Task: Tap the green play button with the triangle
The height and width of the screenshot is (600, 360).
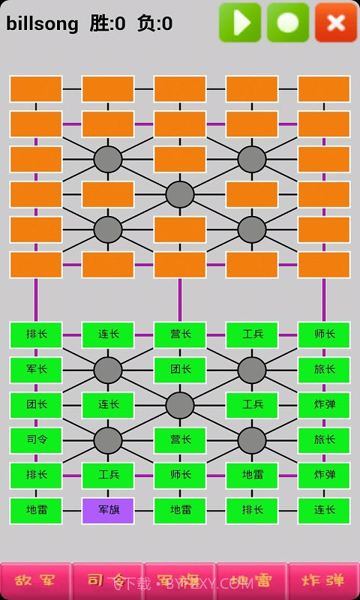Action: click(x=240, y=22)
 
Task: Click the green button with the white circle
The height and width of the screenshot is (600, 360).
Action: click(x=288, y=22)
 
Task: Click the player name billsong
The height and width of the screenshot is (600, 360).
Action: click(x=42, y=24)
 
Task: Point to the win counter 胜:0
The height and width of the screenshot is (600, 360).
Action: click(x=107, y=24)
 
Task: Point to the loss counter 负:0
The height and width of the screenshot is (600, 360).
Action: click(x=154, y=24)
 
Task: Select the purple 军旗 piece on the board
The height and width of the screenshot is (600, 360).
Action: click(x=108, y=511)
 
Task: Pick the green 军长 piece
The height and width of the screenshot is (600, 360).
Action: click(x=36, y=370)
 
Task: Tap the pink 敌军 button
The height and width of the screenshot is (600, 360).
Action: click(x=36, y=581)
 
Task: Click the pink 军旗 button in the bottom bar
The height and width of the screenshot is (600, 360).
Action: click(x=180, y=581)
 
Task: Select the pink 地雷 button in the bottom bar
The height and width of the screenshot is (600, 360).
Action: click(x=251, y=581)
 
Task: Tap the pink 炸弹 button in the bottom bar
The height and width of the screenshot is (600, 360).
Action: click(x=323, y=581)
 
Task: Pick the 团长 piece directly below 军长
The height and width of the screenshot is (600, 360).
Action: click(x=36, y=405)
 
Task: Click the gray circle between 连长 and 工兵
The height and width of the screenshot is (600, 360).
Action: click(x=180, y=405)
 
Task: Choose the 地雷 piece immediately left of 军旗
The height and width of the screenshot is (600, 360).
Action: click(x=36, y=511)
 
